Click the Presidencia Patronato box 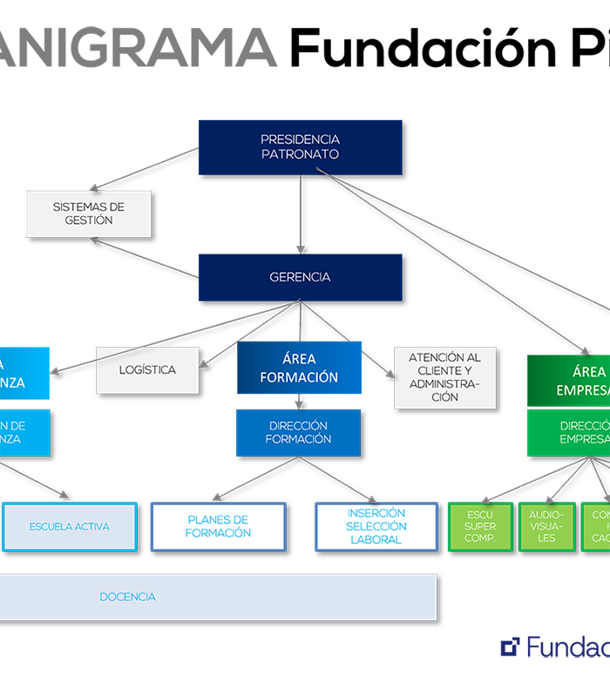coord(300,146)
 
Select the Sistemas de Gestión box coord(88,213)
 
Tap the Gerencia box coord(300,277)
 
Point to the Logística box coord(147,369)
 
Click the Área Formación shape coord(298,369)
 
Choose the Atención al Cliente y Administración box coord(444,376)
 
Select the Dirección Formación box coord(298,432)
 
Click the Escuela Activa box coord(70,526)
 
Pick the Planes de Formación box coord(219,526)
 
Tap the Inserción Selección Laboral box coord(376,526)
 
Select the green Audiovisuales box coord(546,526)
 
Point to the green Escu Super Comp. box coord(480,526)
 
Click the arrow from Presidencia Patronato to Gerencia coord(301,213)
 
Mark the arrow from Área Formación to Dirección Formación coord(299,403)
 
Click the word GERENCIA coord(300,277)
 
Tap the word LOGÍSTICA coord(147,369)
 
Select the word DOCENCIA coord(127,597)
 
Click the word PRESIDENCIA coord(300,139)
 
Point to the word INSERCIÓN coord(376,513)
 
